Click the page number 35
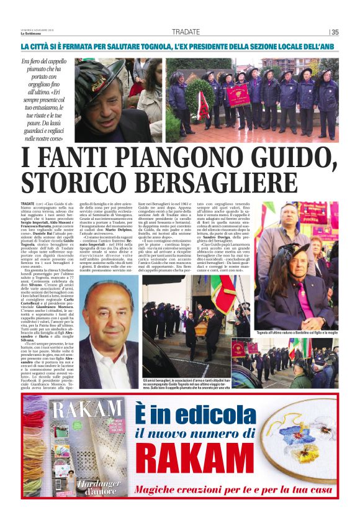click(335, 32)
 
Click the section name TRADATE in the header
click(186, 32)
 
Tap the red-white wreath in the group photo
click(203, 106)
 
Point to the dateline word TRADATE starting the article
click(27, 203)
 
